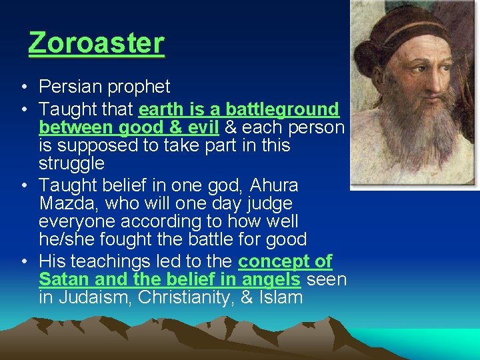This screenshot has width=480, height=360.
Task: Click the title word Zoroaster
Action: click(96, 43)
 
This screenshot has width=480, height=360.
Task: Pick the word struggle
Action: click(71, 163)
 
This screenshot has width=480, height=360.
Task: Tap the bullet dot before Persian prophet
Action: click(23, 87)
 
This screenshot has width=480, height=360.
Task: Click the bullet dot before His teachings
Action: click(23, 261)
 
